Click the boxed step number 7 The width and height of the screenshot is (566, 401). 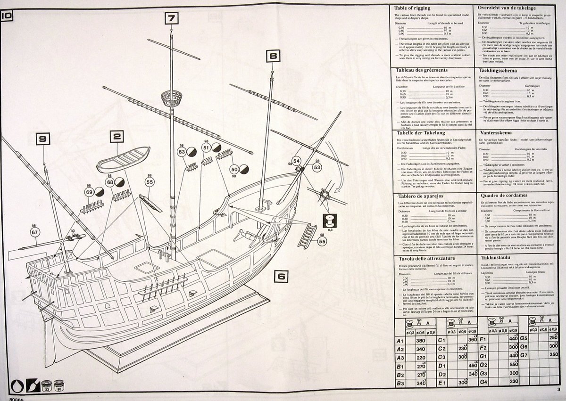(x=172, y=19)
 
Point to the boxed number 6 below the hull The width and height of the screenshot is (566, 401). (x=280, y=277)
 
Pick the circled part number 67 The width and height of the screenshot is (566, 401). (x=34, y=232)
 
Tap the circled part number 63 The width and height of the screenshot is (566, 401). (x=182, y=152)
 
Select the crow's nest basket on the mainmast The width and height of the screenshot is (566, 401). (x=172, y=100)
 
